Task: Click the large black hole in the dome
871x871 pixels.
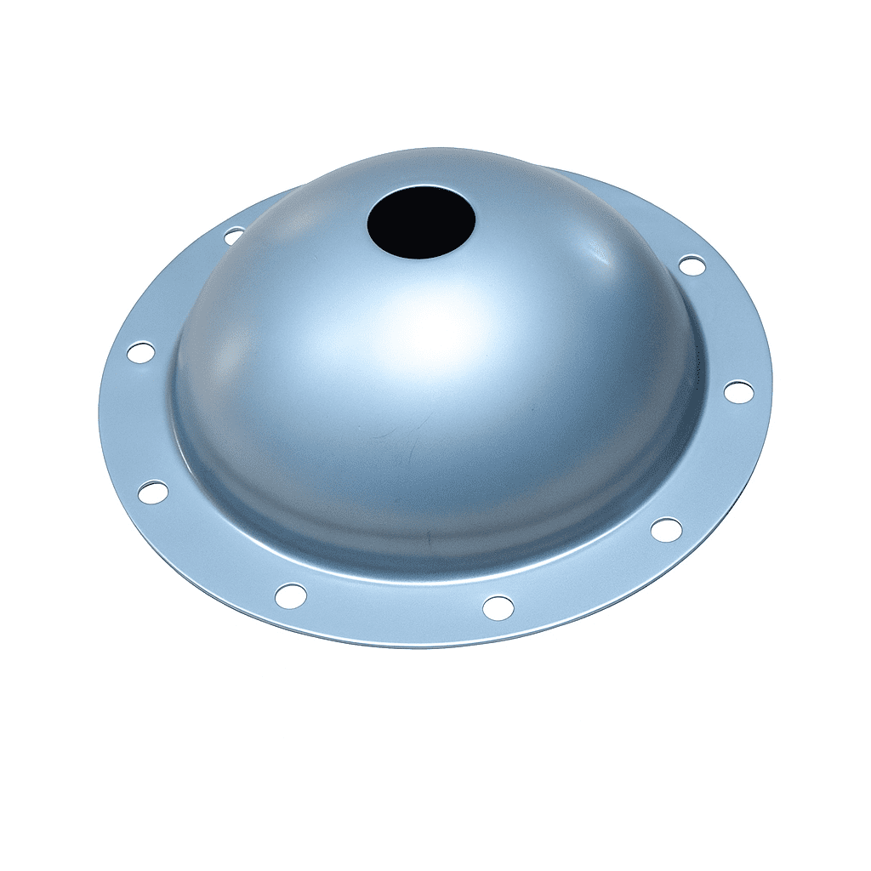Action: (421, 221)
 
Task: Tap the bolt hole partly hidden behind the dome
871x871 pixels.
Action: (233, 235)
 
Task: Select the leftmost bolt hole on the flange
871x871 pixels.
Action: (140, 351)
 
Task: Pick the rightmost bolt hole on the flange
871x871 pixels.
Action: (738, 392)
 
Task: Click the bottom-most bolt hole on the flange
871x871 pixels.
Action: (498, 607)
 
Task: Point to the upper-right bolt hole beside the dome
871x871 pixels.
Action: (692, 265)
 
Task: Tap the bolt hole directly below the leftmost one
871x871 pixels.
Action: (153, 491)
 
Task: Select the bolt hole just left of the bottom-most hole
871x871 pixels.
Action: (291, 595)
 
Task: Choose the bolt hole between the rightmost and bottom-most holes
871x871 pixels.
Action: (666, 529)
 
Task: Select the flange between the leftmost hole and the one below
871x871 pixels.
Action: (140, 421)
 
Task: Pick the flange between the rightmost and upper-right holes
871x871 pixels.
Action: (723, 327)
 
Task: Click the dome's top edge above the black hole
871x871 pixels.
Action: (421, 153)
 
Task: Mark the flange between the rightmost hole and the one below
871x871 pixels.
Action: (710, 464)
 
